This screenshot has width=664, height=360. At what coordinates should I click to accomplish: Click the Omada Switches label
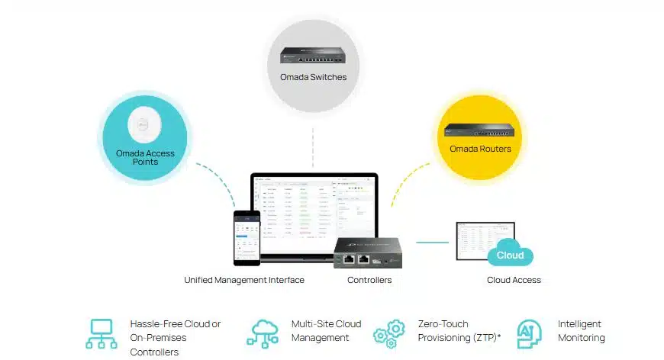tap(313, 77)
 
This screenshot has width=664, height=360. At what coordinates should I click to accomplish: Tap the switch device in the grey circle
tap(313, 55)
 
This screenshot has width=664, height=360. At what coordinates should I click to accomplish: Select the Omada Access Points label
tap(145, 157)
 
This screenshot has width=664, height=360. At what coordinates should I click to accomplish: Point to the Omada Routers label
tap(480, 149)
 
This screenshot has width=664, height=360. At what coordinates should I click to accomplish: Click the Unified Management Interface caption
tap(244, 280)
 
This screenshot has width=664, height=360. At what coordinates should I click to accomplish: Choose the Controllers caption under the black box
tap(369, 280)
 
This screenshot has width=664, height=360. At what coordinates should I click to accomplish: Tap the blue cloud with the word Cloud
tap(510, 256)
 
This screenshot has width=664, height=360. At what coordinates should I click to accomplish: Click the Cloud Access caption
tap(514, 280)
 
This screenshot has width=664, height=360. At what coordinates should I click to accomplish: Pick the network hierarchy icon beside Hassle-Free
tap(101, 333)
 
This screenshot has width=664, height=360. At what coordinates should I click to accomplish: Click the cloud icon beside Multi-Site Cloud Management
tap(263, 333)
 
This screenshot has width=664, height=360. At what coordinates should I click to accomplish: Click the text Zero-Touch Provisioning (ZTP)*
tap(453, 330)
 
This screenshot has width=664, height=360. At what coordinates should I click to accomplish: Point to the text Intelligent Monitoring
tap(581, 330)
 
